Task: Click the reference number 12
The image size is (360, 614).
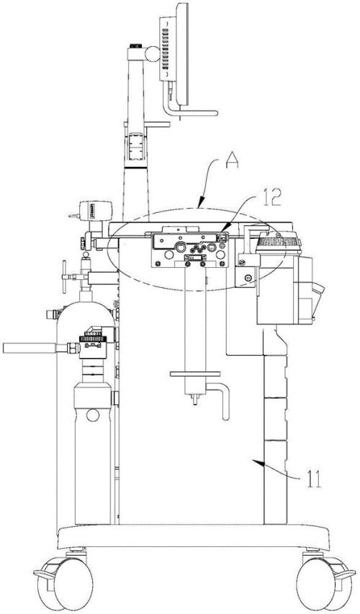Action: pos(270,198)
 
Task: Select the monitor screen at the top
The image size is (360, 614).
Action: pos(181,54)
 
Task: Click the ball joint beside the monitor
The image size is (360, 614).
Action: pos(153,54)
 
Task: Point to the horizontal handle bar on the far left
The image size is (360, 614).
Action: pos(30,348)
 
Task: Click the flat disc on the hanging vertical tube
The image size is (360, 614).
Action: pos(195,374)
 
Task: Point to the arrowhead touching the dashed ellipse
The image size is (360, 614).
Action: pos(199,204)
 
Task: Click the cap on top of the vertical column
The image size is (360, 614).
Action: pos(135,47)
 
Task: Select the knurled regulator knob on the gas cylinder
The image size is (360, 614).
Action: pos(92,338)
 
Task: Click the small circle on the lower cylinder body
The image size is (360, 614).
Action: pos(93,415)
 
